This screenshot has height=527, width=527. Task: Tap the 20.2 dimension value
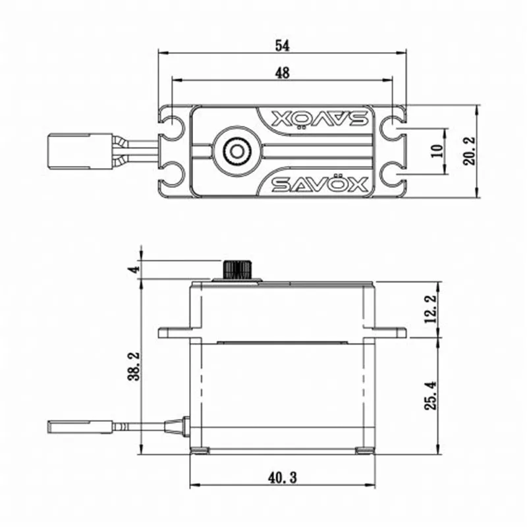pyautogui.click(x=469, y=151)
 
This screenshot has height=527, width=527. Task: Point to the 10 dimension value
pyautogui.click(x=437, y=151)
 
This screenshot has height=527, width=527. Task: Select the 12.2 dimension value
pyautogui.click(x=431, y=309)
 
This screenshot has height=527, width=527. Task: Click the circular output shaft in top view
pyautogui.click(x=235, y=151)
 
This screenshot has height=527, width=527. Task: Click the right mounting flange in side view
pyautogui.click(x=389, y=333)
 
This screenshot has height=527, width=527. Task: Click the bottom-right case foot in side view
pyautogui.click(x=364, y=451)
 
